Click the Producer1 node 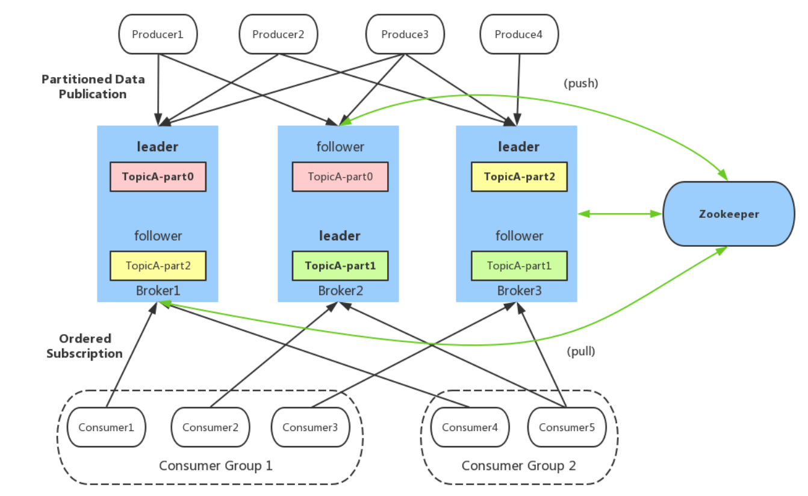(158, 34)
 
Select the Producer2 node (278, 34)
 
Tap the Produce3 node (405, 34)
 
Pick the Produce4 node (519, 34)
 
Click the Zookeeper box (729, 214)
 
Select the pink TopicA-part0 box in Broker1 (158, 176)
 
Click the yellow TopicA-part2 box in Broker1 (158, 265)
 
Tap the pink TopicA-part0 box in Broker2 (340, 176)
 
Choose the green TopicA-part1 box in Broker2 (340, 265)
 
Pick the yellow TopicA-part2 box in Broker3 (519, 176)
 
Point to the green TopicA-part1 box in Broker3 (519, 265)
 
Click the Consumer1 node (106, 427)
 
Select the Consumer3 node (310, 427)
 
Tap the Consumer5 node (567, 427)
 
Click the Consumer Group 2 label (518, 465)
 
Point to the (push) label (581, 84)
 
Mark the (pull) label (581, 352)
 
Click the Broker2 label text (340, 291)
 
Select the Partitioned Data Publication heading (93, 87)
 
